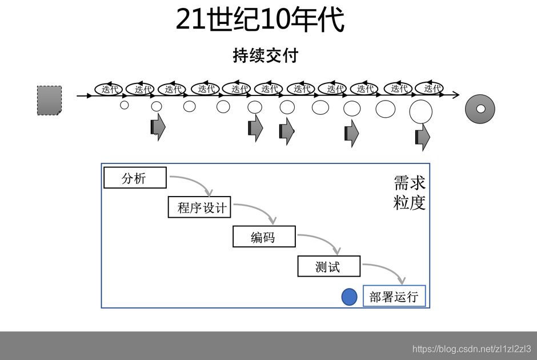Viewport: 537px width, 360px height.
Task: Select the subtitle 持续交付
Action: [266, 56]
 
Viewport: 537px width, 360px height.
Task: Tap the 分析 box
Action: [135, 178]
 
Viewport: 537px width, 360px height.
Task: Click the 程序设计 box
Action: [199, 207]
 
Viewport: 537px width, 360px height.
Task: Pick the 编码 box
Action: [264, 237]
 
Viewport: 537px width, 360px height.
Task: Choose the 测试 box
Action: [328, 266]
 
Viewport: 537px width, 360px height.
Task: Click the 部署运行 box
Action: [394, 297]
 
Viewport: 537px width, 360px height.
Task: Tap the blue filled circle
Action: [349, 297]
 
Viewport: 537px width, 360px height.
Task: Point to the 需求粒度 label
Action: [410, 193]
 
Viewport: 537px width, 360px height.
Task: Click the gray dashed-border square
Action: [49, 101]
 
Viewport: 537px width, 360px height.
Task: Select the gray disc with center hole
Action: [480, 109]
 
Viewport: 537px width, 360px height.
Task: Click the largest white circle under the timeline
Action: [420, 111]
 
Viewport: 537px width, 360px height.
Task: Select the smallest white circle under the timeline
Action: [124, 105]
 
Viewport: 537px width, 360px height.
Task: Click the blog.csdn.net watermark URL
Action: [471, 349]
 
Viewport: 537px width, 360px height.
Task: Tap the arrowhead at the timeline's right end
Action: [455, 95]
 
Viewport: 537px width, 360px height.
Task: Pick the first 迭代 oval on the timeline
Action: [109, 89]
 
